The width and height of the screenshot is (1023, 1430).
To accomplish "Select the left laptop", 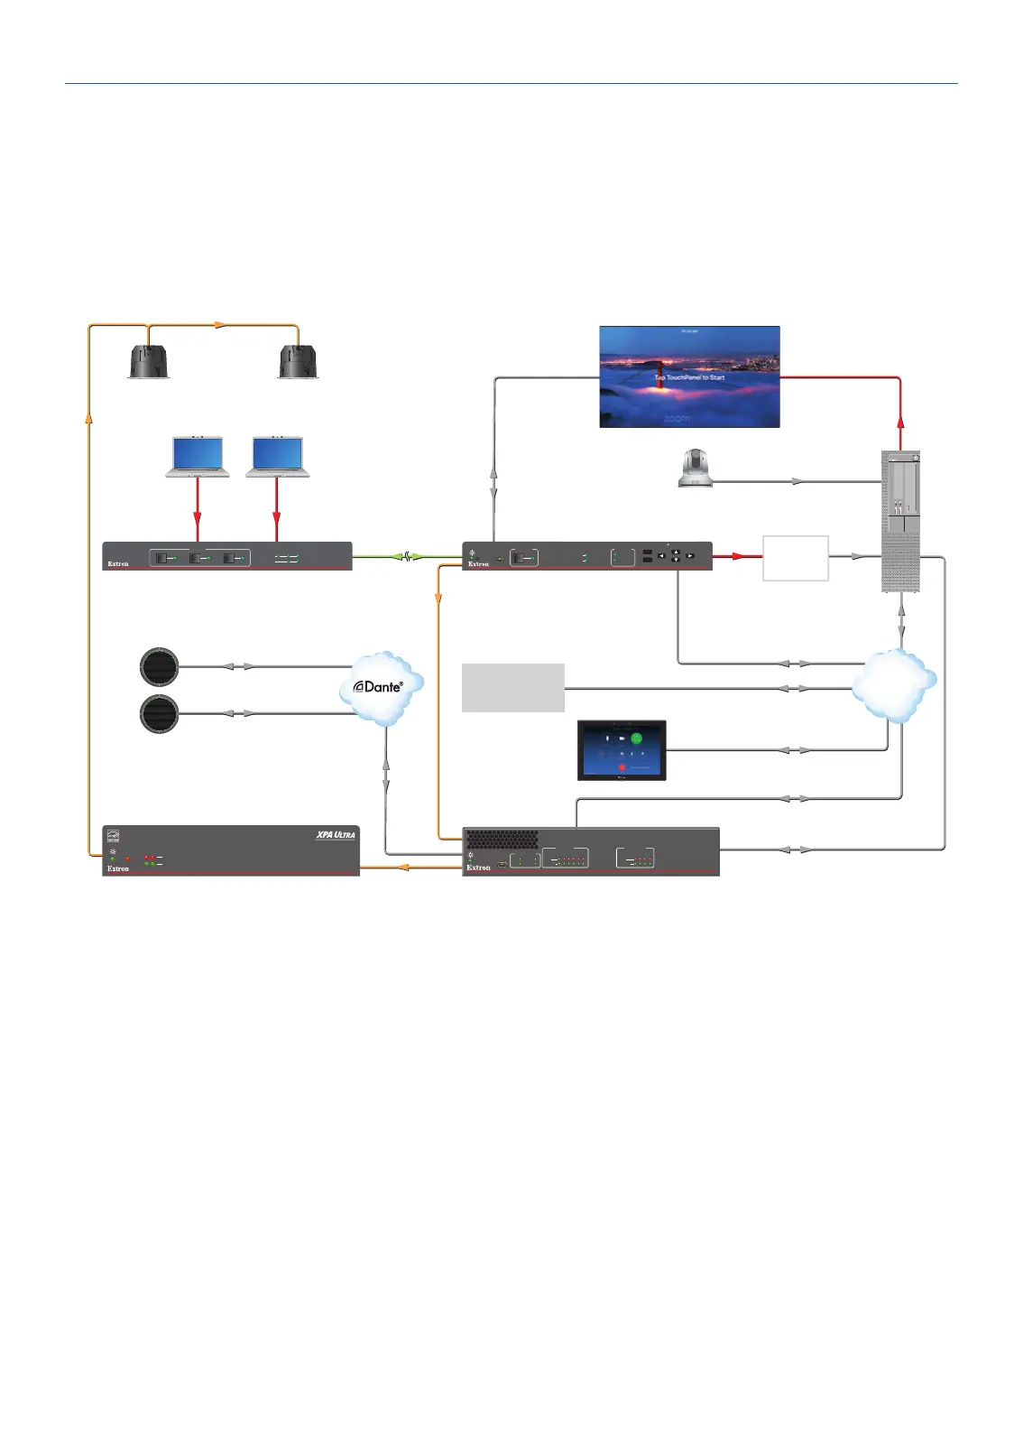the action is [198, 457].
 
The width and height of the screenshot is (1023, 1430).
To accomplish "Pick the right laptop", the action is [278, 457].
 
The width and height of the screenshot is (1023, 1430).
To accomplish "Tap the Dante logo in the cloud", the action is [378, 687].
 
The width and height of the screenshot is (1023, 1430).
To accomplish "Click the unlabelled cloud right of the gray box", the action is [894, 685].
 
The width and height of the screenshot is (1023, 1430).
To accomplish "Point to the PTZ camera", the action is [696, 469].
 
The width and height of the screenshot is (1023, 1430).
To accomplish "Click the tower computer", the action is [900, 521].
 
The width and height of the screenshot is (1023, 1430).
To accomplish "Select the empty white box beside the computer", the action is [796, 558].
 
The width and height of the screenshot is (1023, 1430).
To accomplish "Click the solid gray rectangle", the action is [513, 688].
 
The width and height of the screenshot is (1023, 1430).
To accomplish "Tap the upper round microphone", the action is [160, 666].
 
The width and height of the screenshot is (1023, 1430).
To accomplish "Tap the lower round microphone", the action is [160, 714].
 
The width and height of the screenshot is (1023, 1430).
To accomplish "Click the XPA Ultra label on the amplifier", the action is [336, 835].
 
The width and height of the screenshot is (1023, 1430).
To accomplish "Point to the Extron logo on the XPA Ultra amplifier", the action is [118, 868].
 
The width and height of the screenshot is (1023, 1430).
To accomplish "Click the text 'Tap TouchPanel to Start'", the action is [690, 377].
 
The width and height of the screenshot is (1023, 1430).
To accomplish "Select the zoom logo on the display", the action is [677, 419].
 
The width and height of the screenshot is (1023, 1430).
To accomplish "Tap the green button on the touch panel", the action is [636, 738].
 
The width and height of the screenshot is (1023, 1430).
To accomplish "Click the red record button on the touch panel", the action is [622, 767].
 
